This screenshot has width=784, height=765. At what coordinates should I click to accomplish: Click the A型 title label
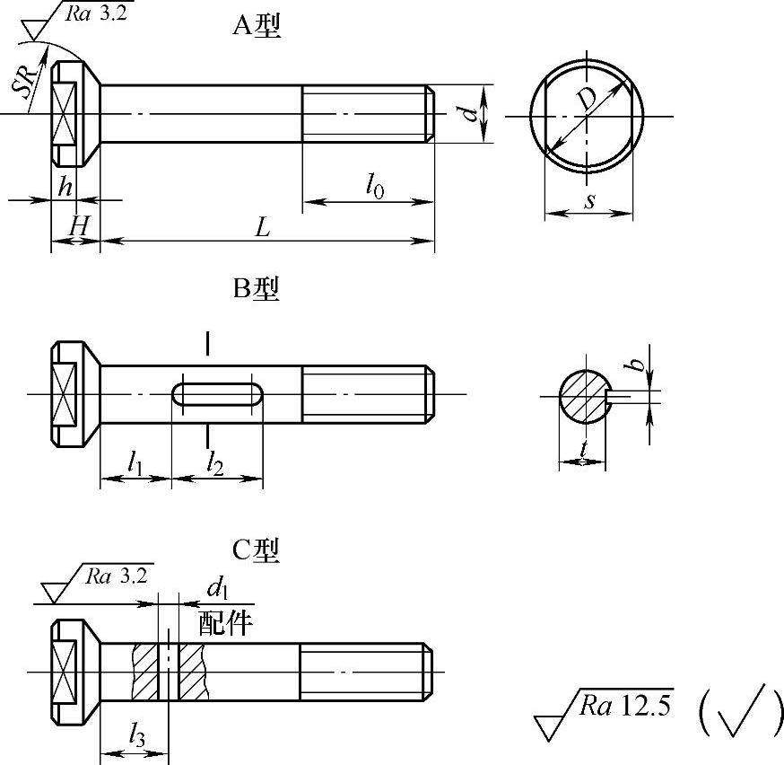257,24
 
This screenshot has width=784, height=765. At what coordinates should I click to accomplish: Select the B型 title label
256,288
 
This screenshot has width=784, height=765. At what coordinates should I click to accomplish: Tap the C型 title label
256,550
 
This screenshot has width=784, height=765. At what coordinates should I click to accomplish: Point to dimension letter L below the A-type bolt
263,228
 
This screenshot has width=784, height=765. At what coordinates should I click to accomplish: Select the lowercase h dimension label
65,186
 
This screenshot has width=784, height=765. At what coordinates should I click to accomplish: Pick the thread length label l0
374,185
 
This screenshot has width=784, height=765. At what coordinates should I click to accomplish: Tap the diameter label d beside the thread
469,113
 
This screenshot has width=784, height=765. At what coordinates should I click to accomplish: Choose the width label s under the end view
590,201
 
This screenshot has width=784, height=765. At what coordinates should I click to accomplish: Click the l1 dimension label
135,462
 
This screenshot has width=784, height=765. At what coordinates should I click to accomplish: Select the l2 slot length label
215,462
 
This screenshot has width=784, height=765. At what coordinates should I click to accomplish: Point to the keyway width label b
635,365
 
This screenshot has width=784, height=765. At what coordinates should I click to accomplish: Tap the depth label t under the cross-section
583,449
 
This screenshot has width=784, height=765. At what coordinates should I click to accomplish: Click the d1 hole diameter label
217,587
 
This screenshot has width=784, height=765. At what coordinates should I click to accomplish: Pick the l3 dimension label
137,734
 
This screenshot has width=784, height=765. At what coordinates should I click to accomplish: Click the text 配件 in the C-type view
225,623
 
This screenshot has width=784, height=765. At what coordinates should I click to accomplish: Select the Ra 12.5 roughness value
625,705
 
